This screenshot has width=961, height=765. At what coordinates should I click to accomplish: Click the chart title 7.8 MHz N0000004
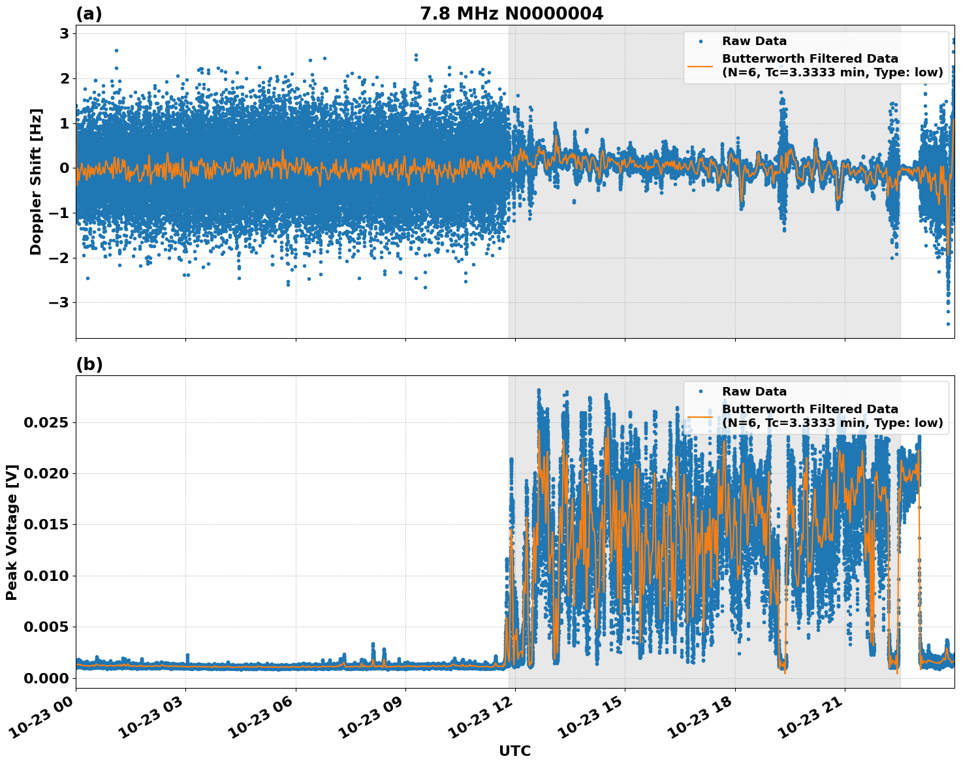(511, 14)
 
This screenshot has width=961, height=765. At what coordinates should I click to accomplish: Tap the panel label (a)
(89, 14)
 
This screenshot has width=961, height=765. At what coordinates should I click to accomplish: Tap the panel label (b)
(89, 364)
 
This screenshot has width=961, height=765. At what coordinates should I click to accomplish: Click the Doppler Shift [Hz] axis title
(36, 181)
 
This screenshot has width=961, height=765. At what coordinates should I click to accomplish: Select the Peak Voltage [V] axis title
(12, 532)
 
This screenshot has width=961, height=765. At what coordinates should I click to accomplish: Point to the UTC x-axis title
(514, 751)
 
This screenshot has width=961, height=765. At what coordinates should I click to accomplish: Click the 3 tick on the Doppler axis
(65, 34)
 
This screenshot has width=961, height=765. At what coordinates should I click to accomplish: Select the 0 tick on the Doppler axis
(65, 168)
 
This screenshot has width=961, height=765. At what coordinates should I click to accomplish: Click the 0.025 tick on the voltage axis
(46, 423)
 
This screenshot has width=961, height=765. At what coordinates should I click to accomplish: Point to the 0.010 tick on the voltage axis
(46, 576)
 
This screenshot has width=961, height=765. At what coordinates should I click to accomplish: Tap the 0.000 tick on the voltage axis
(46, 678)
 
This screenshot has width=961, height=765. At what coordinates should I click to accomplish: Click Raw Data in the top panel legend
(754, 41)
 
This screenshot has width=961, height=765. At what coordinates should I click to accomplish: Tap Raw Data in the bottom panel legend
(754, 392)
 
